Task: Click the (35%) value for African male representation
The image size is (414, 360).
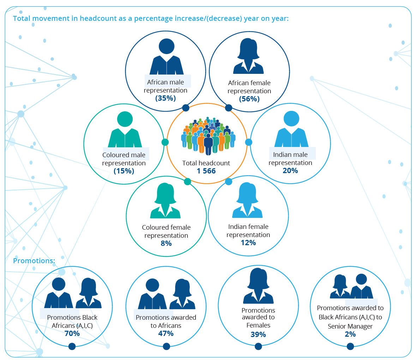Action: tap(166, 98)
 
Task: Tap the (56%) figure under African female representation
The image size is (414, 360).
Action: tap(249, 99)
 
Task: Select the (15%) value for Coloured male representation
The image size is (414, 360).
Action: tap(124, 171)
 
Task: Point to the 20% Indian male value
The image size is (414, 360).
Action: tap(290, 171)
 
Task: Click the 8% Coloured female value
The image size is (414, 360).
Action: tap(166, 243)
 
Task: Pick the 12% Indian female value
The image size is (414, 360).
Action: tap(248, 243)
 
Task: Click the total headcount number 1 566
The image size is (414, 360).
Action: tap(206, 171)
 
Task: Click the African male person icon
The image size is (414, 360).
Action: tap(167, 57)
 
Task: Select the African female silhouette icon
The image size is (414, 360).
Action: tap(248, 56)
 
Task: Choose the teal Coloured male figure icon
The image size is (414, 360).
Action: tap(125, 129)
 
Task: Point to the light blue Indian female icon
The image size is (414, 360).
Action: tap(247, 200)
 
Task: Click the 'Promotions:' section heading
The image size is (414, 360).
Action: tap(34, 261)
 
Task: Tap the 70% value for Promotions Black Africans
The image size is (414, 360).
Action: tap(72, 333)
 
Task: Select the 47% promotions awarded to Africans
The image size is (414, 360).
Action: tap(166, 333)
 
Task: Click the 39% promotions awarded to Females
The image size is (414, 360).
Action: tap(258, 334)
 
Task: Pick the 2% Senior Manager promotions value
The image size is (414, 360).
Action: tap(350, 334)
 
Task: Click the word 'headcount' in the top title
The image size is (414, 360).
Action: tap(98, 18)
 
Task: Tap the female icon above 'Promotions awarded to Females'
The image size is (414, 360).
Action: tap(258, 286)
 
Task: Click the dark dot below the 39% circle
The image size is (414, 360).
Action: tap(258, 346)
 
